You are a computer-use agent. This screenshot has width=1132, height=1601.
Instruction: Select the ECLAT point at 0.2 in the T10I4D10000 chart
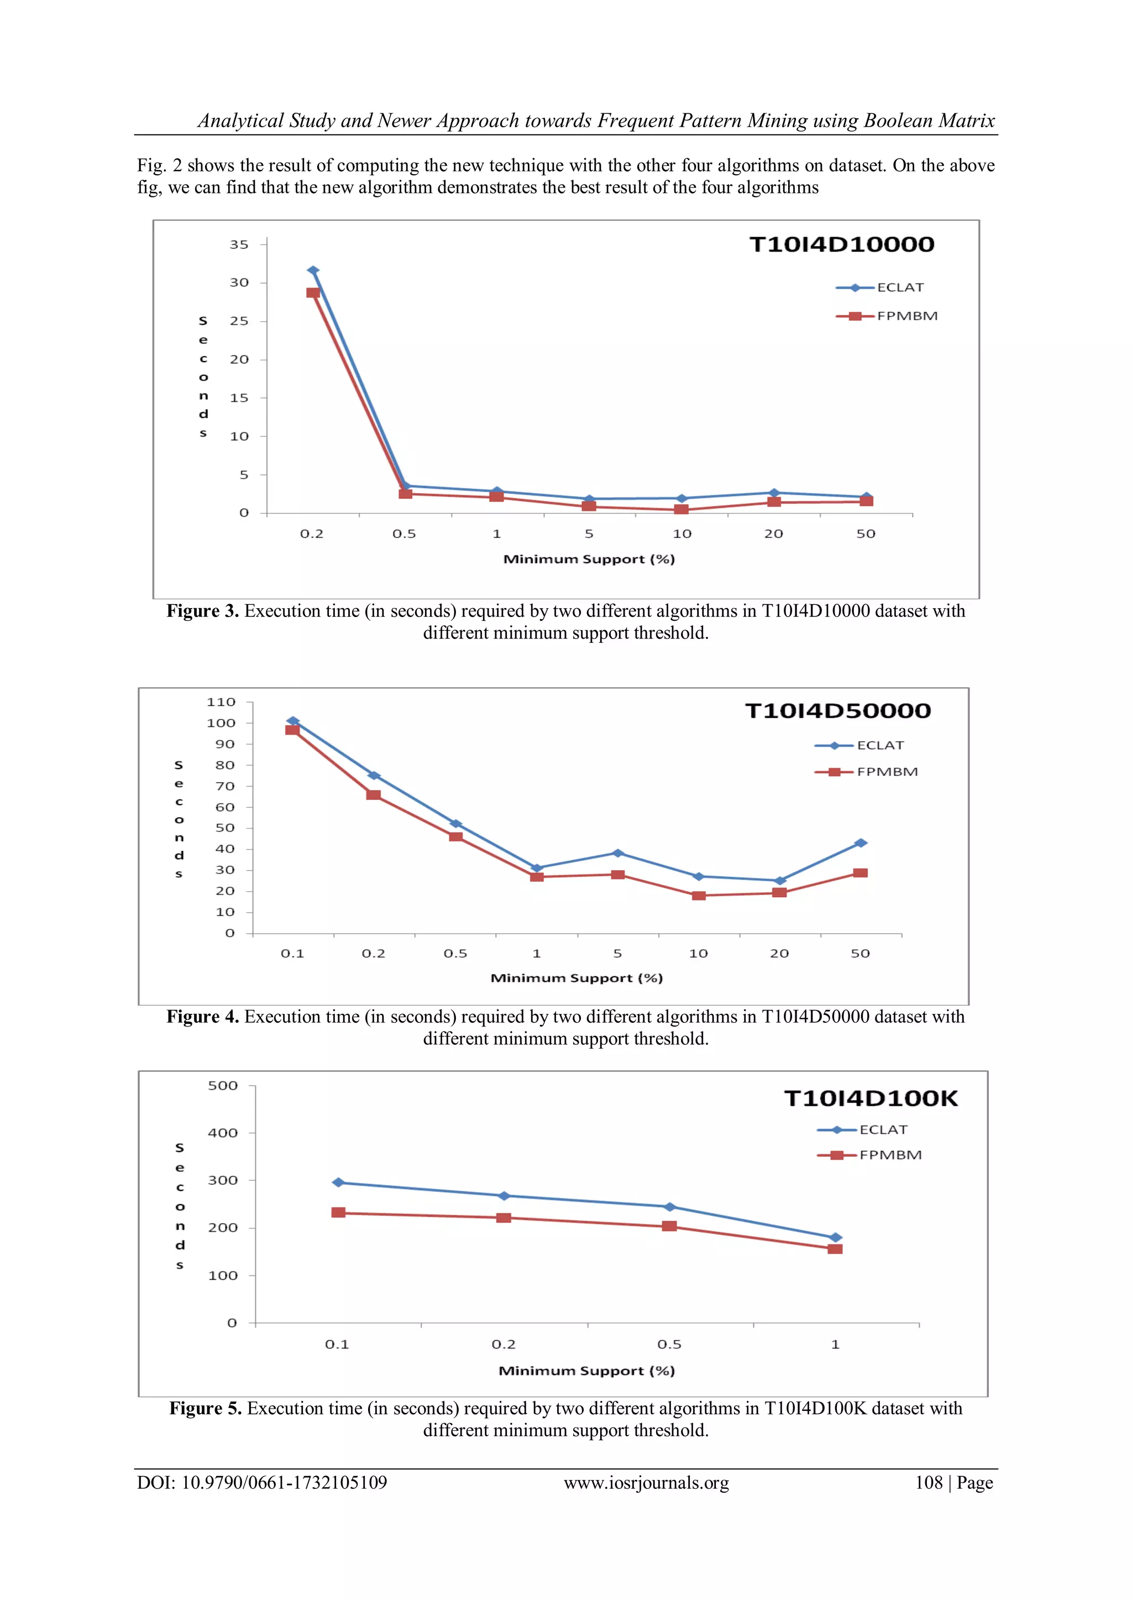(313, 270)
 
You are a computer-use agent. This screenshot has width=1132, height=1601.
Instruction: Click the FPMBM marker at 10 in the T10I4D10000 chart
(682, 510)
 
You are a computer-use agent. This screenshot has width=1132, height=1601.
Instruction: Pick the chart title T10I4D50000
(837, 710)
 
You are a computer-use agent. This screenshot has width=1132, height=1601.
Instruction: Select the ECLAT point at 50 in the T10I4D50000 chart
(860, 843)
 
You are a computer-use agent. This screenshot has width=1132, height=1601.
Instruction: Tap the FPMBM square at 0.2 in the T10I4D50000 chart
(374, 795)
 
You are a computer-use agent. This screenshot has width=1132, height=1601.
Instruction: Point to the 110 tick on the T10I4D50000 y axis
(221, 702)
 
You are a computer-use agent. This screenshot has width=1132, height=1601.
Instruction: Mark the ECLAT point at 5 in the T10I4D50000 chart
(617, 854)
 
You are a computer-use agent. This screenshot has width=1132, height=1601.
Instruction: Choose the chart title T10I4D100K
(871, 1098)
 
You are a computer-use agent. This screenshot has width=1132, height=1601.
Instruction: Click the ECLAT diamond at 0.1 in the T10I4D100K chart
(339, 1183)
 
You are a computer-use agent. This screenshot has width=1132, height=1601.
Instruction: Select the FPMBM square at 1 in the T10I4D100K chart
(835, 1249)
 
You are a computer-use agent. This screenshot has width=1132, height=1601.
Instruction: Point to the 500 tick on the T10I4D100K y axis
(223, 1086)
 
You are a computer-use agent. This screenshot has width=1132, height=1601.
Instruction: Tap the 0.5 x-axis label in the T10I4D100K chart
(669, 1344)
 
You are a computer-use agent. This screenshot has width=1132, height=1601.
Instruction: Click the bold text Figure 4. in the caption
(202, 1017)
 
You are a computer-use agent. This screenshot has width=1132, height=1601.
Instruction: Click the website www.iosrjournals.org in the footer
(646, 1483)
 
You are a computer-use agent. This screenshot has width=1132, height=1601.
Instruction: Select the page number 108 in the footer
(929, 1483)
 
